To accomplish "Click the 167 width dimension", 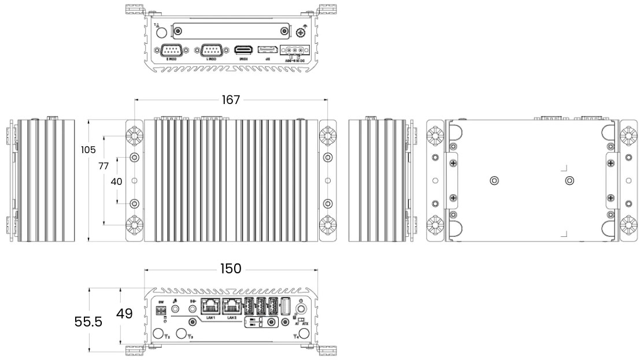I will click(x=231, y=100).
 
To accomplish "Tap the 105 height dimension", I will click(x=88, y=150).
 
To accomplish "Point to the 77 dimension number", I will click(x=103, y=166).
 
